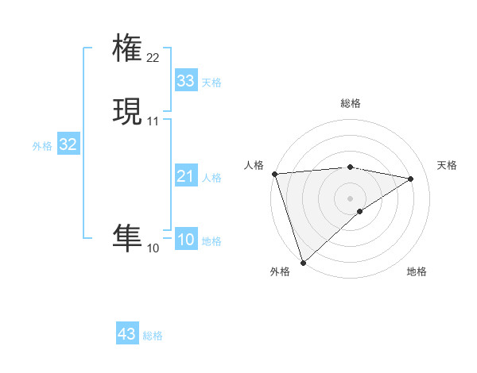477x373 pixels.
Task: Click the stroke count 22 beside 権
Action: point(153,58)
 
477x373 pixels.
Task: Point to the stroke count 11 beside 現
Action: point(153,121)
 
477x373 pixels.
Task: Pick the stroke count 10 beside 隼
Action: point(153,248)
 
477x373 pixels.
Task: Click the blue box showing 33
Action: point(185,81)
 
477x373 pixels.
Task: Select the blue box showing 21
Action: point(185,176)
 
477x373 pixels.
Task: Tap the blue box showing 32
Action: point(68,144)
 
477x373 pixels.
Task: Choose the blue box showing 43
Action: point(127,334)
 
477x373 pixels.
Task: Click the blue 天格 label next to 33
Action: point(211,83)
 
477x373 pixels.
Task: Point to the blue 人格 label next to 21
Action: point(211,178)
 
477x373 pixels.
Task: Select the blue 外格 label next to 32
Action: point(42,146)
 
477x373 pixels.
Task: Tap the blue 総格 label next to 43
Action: point(153,336)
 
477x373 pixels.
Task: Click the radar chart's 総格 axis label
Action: point(351,103)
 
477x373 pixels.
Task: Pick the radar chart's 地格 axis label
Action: point(417,271)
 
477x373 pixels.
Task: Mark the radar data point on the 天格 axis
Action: point(411,179)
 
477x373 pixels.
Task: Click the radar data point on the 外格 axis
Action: point(302,262)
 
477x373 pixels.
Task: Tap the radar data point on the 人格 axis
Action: point(274,173)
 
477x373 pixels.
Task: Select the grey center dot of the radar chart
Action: point(351,198)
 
